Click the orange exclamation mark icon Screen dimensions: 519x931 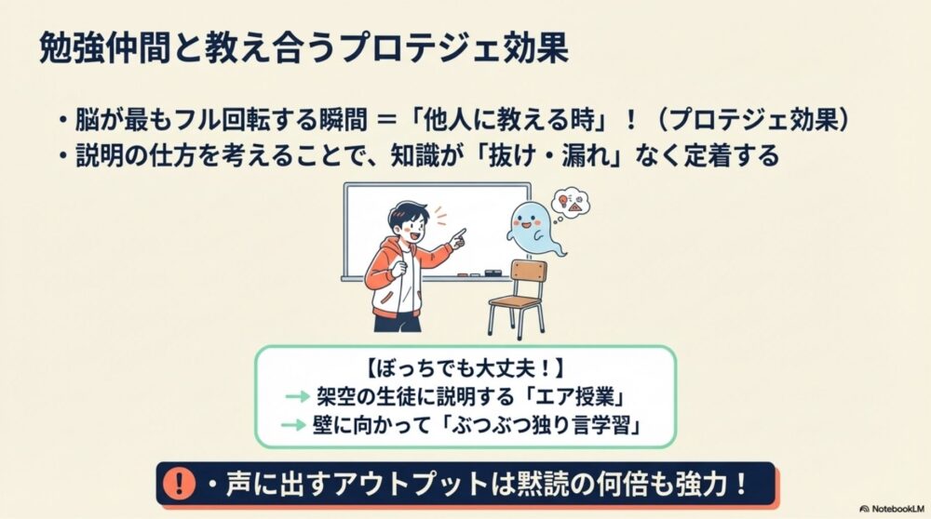pos(177,484)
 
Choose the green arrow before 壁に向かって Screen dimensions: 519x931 pos(295,427)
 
